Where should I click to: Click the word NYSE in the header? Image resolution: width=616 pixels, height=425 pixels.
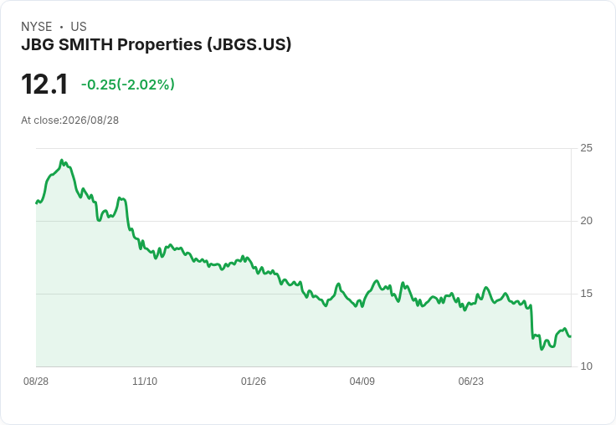(37, 27)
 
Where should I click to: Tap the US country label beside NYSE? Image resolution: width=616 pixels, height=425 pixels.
(79, 27)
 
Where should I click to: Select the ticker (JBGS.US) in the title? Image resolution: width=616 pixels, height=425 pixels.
(249, 44)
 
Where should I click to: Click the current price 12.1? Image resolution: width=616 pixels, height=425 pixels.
(44, 84)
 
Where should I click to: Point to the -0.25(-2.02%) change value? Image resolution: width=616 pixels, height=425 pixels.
(128, 84)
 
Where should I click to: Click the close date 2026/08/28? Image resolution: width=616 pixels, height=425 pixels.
(90, 120)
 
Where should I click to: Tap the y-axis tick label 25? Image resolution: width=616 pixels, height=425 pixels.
(586, 148)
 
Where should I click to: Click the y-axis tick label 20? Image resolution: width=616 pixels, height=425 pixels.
(586, 221)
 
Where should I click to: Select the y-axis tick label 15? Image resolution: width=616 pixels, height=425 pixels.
(586, 294)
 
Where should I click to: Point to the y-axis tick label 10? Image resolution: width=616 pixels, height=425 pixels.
(586, 366)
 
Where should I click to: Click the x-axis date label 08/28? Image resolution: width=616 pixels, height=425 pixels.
(36, 381)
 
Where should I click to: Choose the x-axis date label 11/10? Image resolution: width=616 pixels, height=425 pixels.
(145, 381)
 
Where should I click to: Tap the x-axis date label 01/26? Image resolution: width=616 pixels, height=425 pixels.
(254, 381)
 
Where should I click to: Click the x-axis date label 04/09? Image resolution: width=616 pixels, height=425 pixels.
(362, 381)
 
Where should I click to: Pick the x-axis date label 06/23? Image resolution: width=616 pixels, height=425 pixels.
(470, 381)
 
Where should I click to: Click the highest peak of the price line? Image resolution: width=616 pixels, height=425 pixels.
(61, 161)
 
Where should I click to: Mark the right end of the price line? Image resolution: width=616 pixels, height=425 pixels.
(570, 336)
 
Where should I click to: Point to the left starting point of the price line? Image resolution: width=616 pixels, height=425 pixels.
(37, 203)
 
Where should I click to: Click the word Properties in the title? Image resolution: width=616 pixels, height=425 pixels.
(160, 44)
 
